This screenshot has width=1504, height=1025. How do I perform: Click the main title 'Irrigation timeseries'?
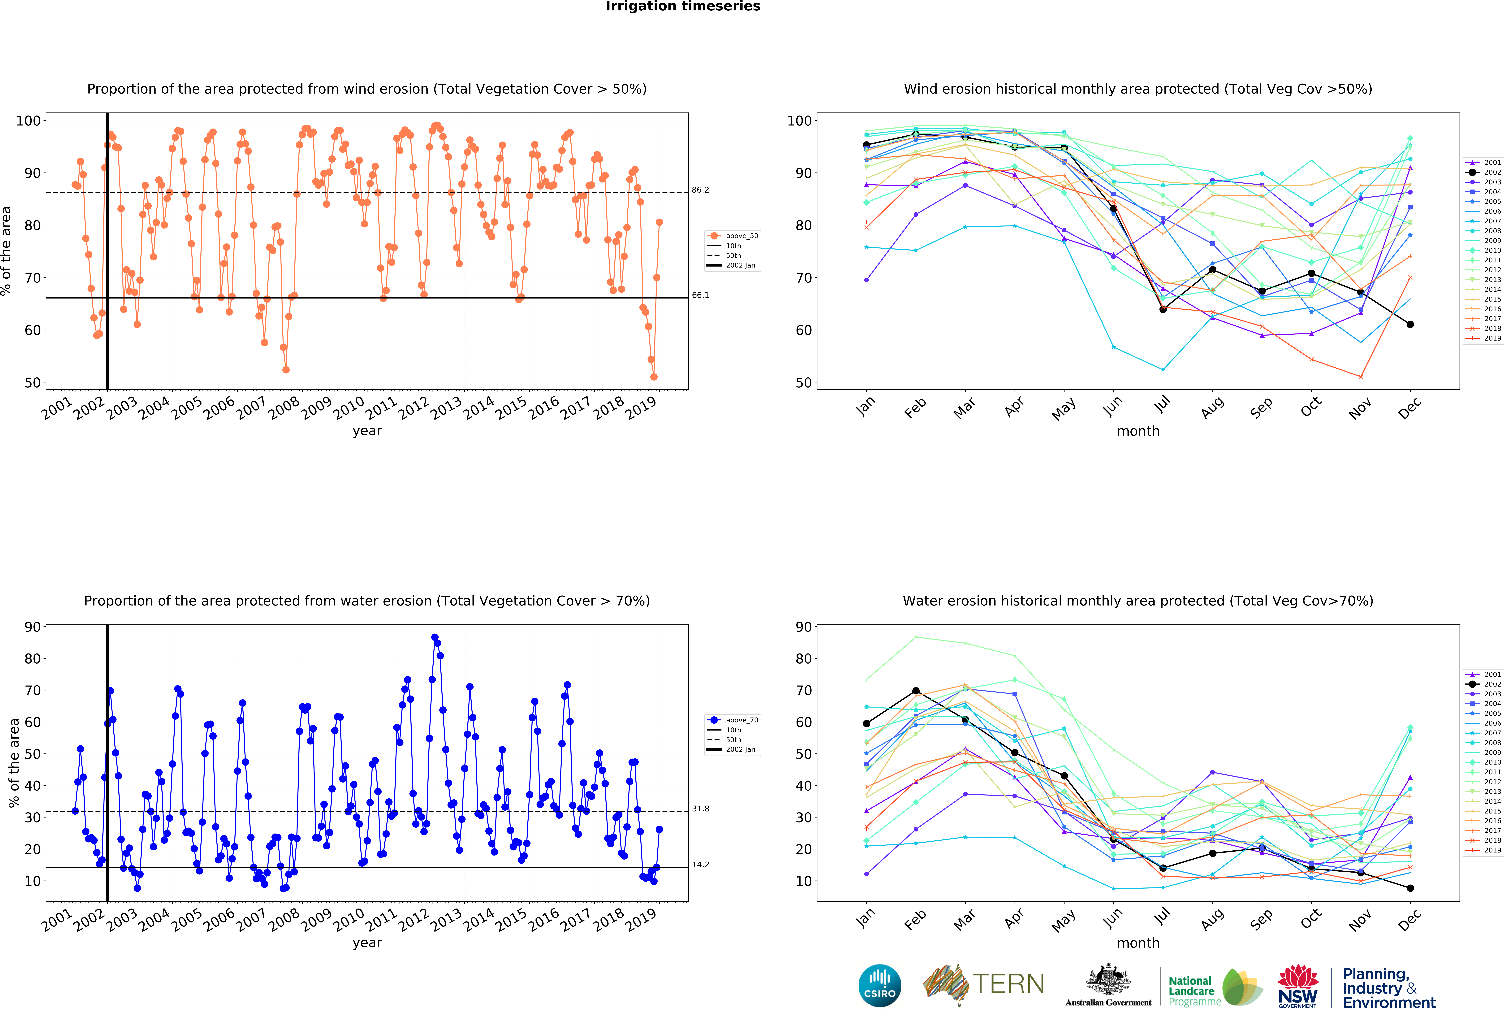pos(683,6)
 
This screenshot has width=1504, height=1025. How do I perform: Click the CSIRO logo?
pos(879,986)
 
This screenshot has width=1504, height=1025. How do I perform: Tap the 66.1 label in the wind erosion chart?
pos(700,295)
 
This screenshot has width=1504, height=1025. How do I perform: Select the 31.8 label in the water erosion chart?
pos(700,809)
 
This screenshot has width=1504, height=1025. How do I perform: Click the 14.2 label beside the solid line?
pos(700,865)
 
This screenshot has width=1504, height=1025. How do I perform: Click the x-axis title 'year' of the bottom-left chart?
pos(367,943)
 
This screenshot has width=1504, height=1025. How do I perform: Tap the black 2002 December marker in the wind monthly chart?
pos(1410,324)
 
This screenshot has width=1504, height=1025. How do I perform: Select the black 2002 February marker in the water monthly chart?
pos(916,691)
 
